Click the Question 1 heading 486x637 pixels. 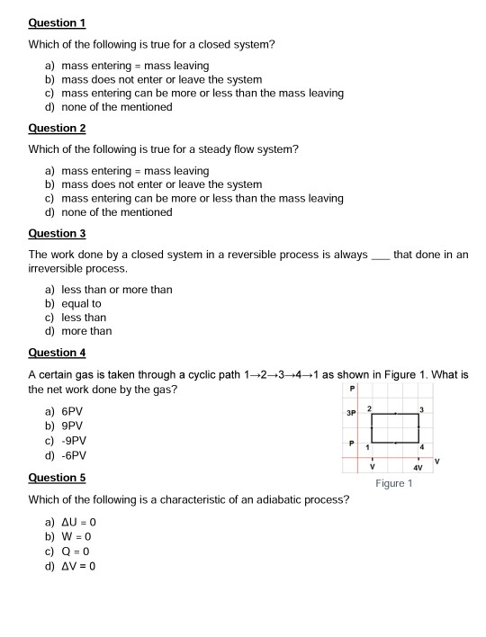coord(57,22)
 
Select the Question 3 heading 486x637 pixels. coord(57,233)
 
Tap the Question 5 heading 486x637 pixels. coord(57,478)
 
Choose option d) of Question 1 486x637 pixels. coord(108,107)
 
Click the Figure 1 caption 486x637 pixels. coord(393,484)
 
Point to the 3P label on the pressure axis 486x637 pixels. coord(353,413)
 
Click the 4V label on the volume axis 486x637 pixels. coord(418,469)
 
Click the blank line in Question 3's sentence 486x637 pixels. coord(380,256)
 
